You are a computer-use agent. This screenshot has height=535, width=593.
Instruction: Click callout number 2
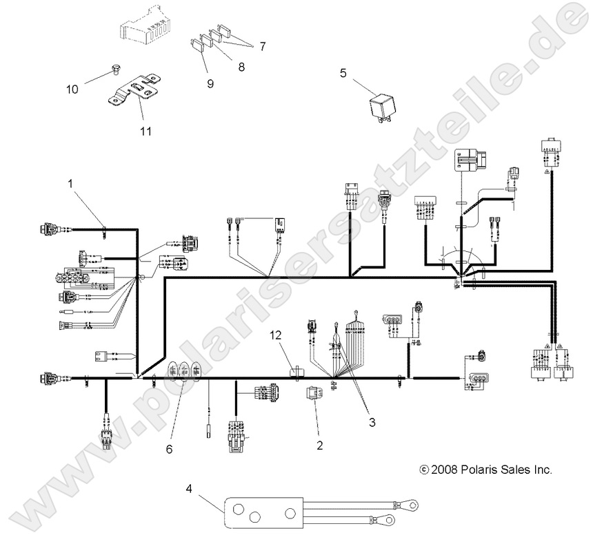[x=319, y=445]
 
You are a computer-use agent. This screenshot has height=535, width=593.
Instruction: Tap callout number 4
[x=189, y=488]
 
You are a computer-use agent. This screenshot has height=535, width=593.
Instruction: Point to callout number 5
[x=343, y=73]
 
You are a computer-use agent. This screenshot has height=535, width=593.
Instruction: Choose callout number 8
[x=241, y=67]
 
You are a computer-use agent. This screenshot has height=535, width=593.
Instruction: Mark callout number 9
[x=210, y=83]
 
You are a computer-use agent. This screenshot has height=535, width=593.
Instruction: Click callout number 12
[x=276, y=335]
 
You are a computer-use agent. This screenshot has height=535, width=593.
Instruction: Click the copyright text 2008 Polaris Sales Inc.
[x=486, y=470]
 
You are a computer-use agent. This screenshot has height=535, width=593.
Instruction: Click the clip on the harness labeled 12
[x=297, y=373]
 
